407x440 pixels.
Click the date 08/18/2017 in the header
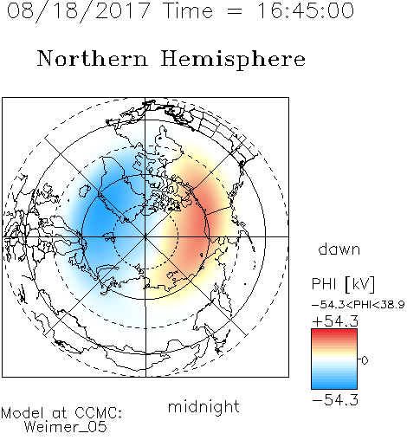tap(78, 10)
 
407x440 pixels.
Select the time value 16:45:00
tap(306, 10)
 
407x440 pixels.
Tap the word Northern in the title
tap(93, 59)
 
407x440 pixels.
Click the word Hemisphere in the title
tap(233, 60)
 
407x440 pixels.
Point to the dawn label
tap(339, 249)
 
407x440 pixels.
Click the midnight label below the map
tap(203, 407)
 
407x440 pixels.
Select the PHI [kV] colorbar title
tap(343, 284)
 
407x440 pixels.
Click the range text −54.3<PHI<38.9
tap(359, 305)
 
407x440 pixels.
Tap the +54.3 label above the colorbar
tap(335, 321)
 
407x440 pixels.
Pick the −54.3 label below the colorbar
tap(335, 400)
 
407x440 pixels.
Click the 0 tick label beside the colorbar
tap(365, 360)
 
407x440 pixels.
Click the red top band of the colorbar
tap(334, 332)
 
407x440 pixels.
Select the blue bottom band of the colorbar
tap(334, 385)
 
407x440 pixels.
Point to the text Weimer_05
tap(66, 427)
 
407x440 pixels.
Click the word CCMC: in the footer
tap(99, 413)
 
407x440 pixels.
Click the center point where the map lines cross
tap(145, 236)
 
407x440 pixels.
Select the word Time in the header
tap(188, 10)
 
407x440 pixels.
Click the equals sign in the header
tap(235, 12)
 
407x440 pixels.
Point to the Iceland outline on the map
tap(85, 191)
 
